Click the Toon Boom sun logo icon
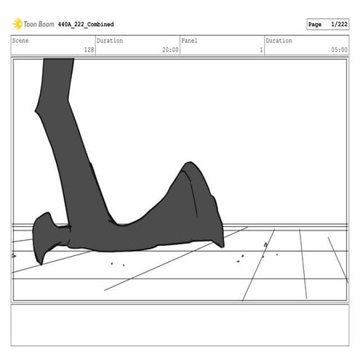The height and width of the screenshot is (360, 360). point(17,24)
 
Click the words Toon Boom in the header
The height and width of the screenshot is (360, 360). point(39,24)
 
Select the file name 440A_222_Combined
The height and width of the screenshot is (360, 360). point(86,25)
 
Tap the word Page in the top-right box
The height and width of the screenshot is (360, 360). point(315,24)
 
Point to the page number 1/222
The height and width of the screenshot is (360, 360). point(339,24)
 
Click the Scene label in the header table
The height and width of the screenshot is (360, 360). point(20,41)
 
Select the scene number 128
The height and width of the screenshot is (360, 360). point(89,49)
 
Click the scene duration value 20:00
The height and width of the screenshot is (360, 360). point(170,49)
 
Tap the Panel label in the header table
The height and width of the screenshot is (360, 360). point(189,41)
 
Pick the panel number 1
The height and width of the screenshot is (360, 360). point(261,49)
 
